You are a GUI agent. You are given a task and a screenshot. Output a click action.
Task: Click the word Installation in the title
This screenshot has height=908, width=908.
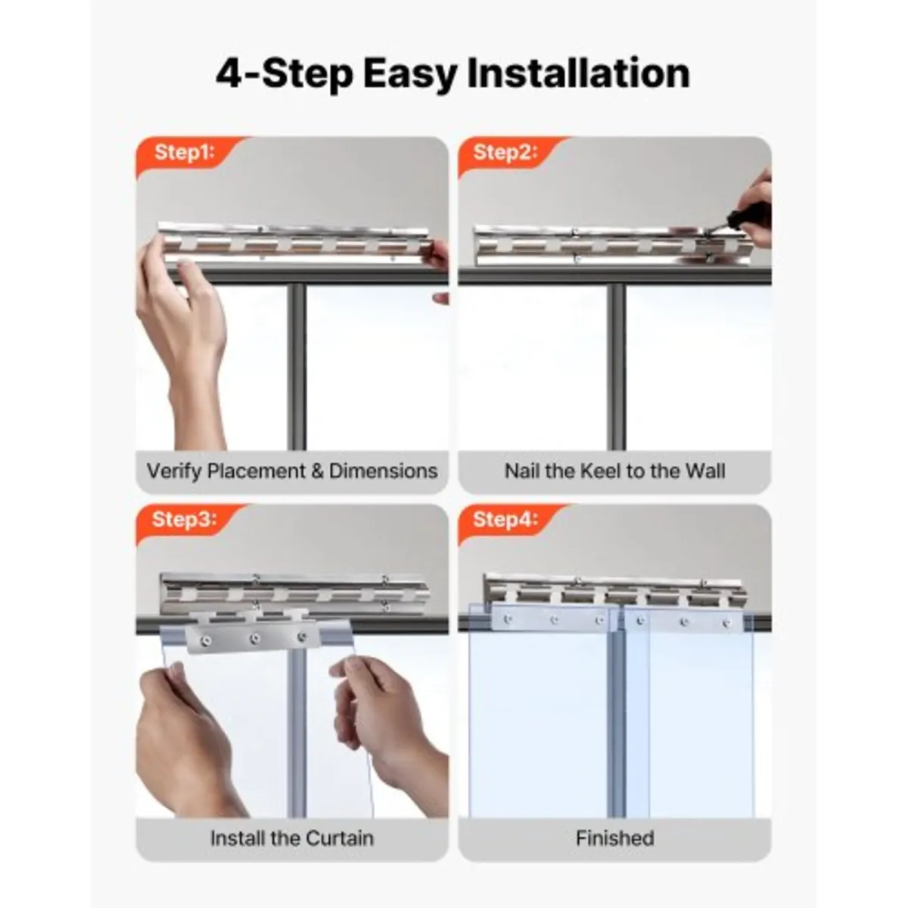(x=578, y=74)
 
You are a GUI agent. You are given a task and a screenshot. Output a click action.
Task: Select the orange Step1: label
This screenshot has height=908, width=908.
(x=184, y=152)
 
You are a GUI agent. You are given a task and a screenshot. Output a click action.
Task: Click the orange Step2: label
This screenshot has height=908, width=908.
(x=505, y=152)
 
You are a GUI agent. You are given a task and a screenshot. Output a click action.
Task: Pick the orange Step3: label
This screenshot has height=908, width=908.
(x=184, y=519)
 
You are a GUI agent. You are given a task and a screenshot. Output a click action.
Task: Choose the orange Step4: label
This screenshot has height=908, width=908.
(x=505, y=519)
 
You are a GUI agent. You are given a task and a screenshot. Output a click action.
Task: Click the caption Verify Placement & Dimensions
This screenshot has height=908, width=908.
(x=292, y=471)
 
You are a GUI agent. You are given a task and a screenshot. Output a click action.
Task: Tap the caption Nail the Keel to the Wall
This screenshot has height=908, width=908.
(x=614, y=471)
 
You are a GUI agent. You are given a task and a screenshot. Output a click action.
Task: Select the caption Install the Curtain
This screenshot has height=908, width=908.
(x=292, y=838)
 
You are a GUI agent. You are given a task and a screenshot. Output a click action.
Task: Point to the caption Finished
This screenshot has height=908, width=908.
(x=614, y=838)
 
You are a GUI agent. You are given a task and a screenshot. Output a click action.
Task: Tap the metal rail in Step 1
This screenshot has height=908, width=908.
(x=295, y=244)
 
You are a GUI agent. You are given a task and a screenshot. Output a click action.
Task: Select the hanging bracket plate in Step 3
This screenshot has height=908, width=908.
(x=252, y=636)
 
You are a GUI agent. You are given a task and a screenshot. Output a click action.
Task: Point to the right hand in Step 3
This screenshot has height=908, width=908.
(x=386, y=719)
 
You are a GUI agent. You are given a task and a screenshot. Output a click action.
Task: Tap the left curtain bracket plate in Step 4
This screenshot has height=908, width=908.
(x=554, y=620)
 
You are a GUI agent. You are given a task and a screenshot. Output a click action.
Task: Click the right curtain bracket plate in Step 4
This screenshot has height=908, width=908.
(x=685, y=622)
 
